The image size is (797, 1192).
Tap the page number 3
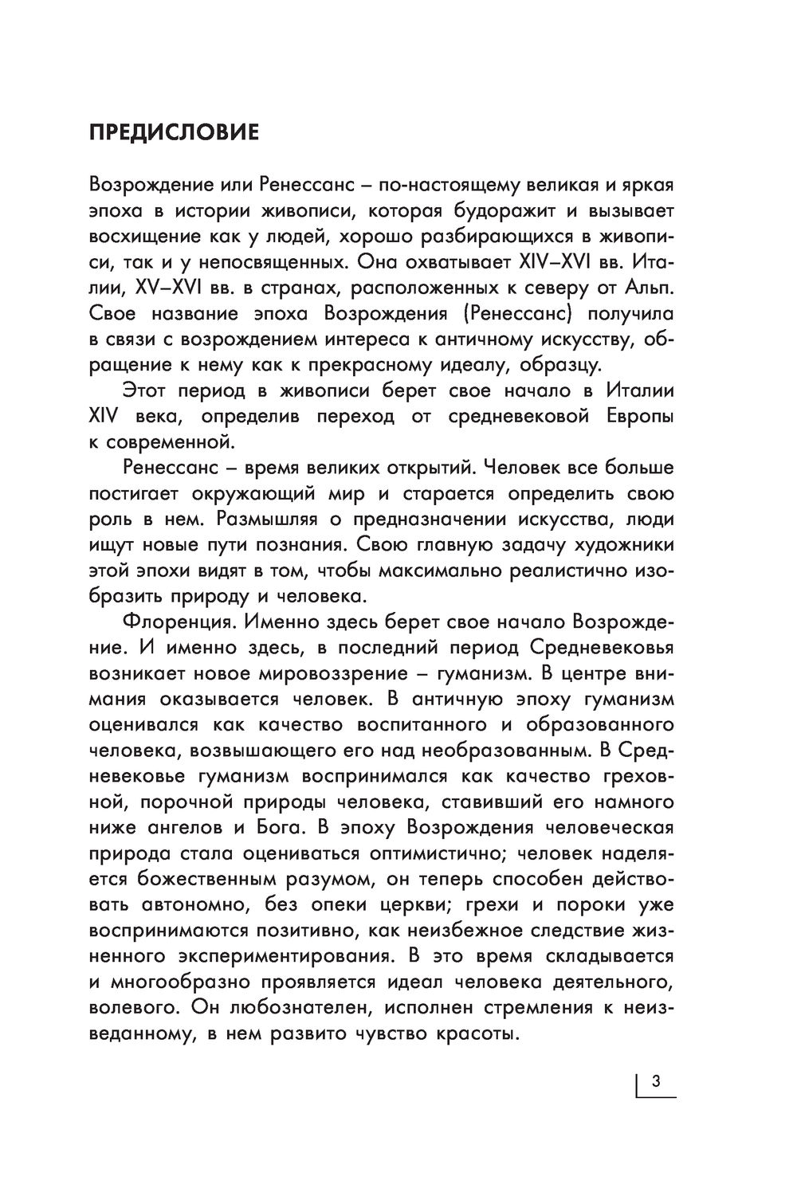click(656, 1081)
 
